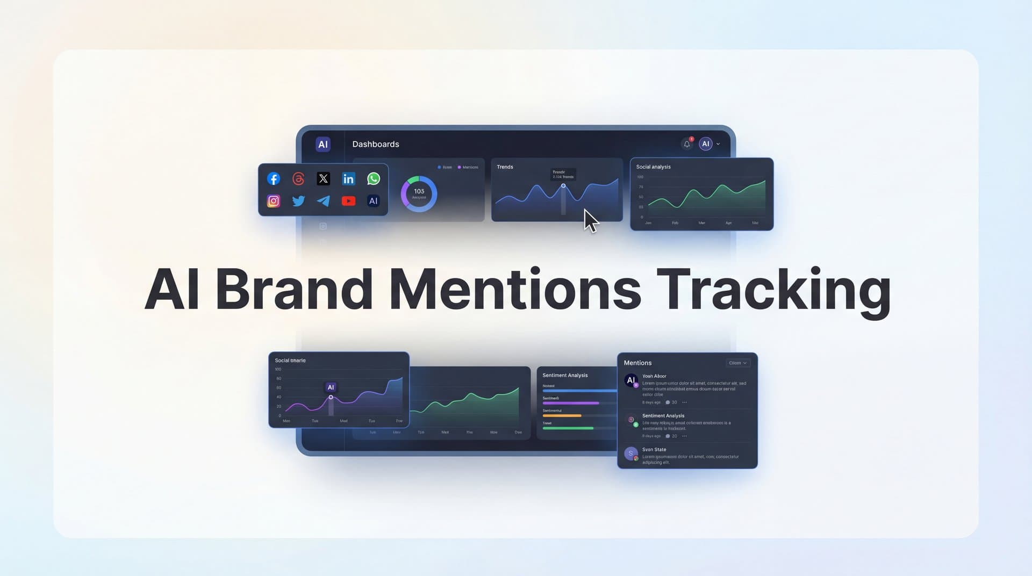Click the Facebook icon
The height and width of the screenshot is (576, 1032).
pyautogui.click(x=274, y=179)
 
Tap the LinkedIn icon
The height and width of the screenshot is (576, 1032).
pyautogui.click(x=348, y=179)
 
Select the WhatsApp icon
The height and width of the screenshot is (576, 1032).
pyautogui.click(x=374, y=179)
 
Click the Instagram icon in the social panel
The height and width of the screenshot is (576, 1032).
pyautogui.click(x=274, y=201)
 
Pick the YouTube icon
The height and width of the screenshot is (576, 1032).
pyautogui.click(x=348, y=201)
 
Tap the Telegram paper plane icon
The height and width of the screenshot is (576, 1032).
pyautogui.click(x=324, y=201)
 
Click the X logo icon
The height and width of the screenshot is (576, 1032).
pyautogui.click(x=323, y=179)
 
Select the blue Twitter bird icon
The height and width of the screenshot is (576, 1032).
pyautogui.click(x=298, y=201)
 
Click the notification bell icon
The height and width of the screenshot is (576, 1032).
pyautogui.click(x=687, y=144)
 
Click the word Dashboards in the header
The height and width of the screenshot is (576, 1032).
pyautogui.click(x=376, y=144)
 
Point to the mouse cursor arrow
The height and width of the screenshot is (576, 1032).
pyautogui.click(x=590, y=220)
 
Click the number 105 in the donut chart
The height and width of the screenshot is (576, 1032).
pyautogui.click(x=419, y=191)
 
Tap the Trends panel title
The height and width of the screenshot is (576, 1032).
pyautogui.click(x=505, y=167)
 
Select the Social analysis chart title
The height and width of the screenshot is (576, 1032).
pyautogui.click(x=653, y=167)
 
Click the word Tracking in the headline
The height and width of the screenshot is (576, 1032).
pyautogui.click(x=773, y=290)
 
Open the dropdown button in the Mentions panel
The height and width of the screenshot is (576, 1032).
pyautogui.click(x=737, y=363)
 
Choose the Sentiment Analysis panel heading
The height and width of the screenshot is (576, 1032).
pyautogui.click(x=565, y=375)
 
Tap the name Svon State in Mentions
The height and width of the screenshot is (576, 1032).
pyautogui.click(x=654, y=450)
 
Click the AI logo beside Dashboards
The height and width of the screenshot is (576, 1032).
pyautogui.click(x=323, y=144)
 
